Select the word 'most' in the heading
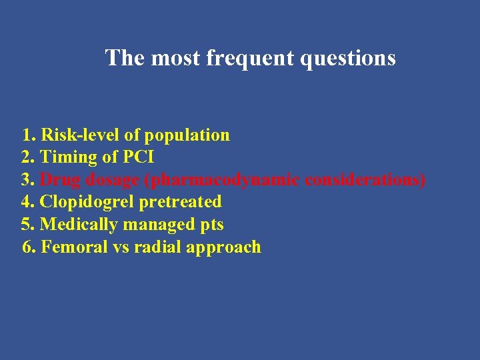click(x=176, y=58)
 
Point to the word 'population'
click(x=187, y=135)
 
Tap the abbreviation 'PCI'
click(x=138, y=157)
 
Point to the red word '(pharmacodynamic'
click(x=222, y=181)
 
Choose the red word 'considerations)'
click(x=366, y=180)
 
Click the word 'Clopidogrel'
click(x=87, y=202)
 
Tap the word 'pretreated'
click(x=180, y=202)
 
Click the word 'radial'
click(x=157, y=247)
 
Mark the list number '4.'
click(x=29, y=202)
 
